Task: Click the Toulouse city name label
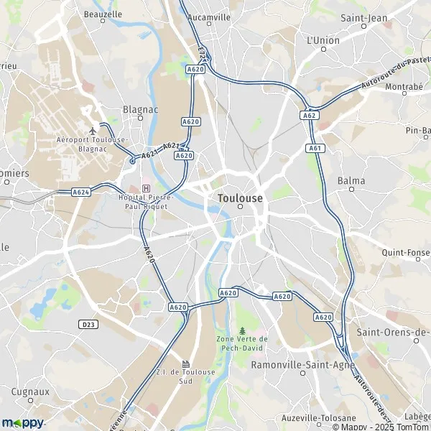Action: click(240, 197)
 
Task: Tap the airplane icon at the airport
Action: click(93, 130)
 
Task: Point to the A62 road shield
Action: click(309, 115)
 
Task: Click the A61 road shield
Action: click(315, 148)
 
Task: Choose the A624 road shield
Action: click(80, 192)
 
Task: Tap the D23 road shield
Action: click(88, 325)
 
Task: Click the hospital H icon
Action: click(147, 188)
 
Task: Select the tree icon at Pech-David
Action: click(241, 329)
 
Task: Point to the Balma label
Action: click(351, 181)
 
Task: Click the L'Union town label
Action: click(323, 41)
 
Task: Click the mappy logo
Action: click(23, 422)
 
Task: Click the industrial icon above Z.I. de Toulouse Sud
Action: click(186, 363)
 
